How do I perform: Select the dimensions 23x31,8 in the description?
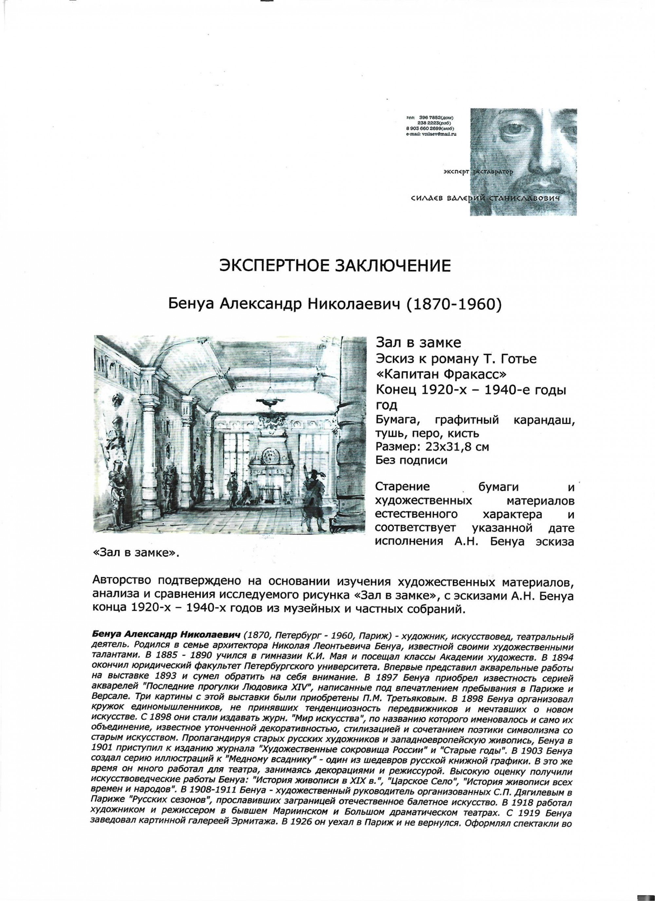442,447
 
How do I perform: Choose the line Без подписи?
412,460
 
